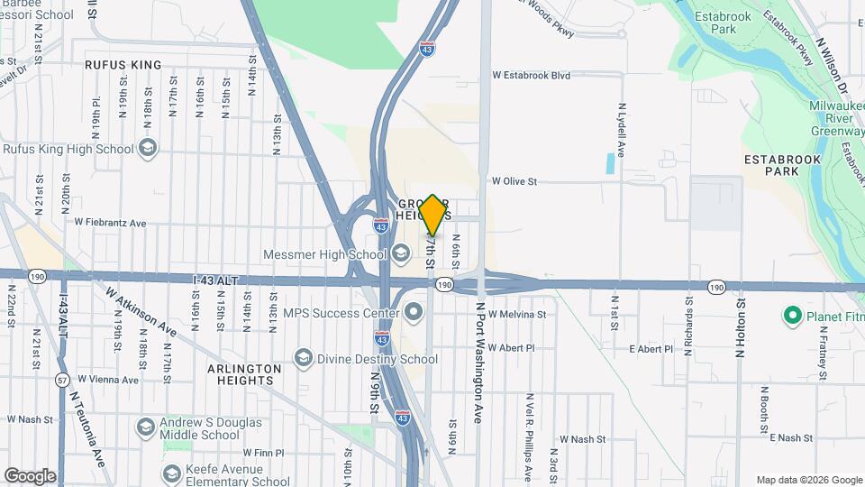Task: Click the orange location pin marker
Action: [x=433, y=215]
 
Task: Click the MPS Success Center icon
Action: [x=414, y=313]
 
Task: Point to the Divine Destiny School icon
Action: [x=304, y=358]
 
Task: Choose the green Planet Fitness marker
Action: [x=793, y=315]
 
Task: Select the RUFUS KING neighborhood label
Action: [x=123, y=65]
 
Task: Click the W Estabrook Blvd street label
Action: [x=531, y=76]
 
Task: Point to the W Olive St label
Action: [x=514, y=181]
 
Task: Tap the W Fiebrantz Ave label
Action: [x=110, y=222]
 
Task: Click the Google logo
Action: [x=30, y=476]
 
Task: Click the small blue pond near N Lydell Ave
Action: [x=611, y=163]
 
